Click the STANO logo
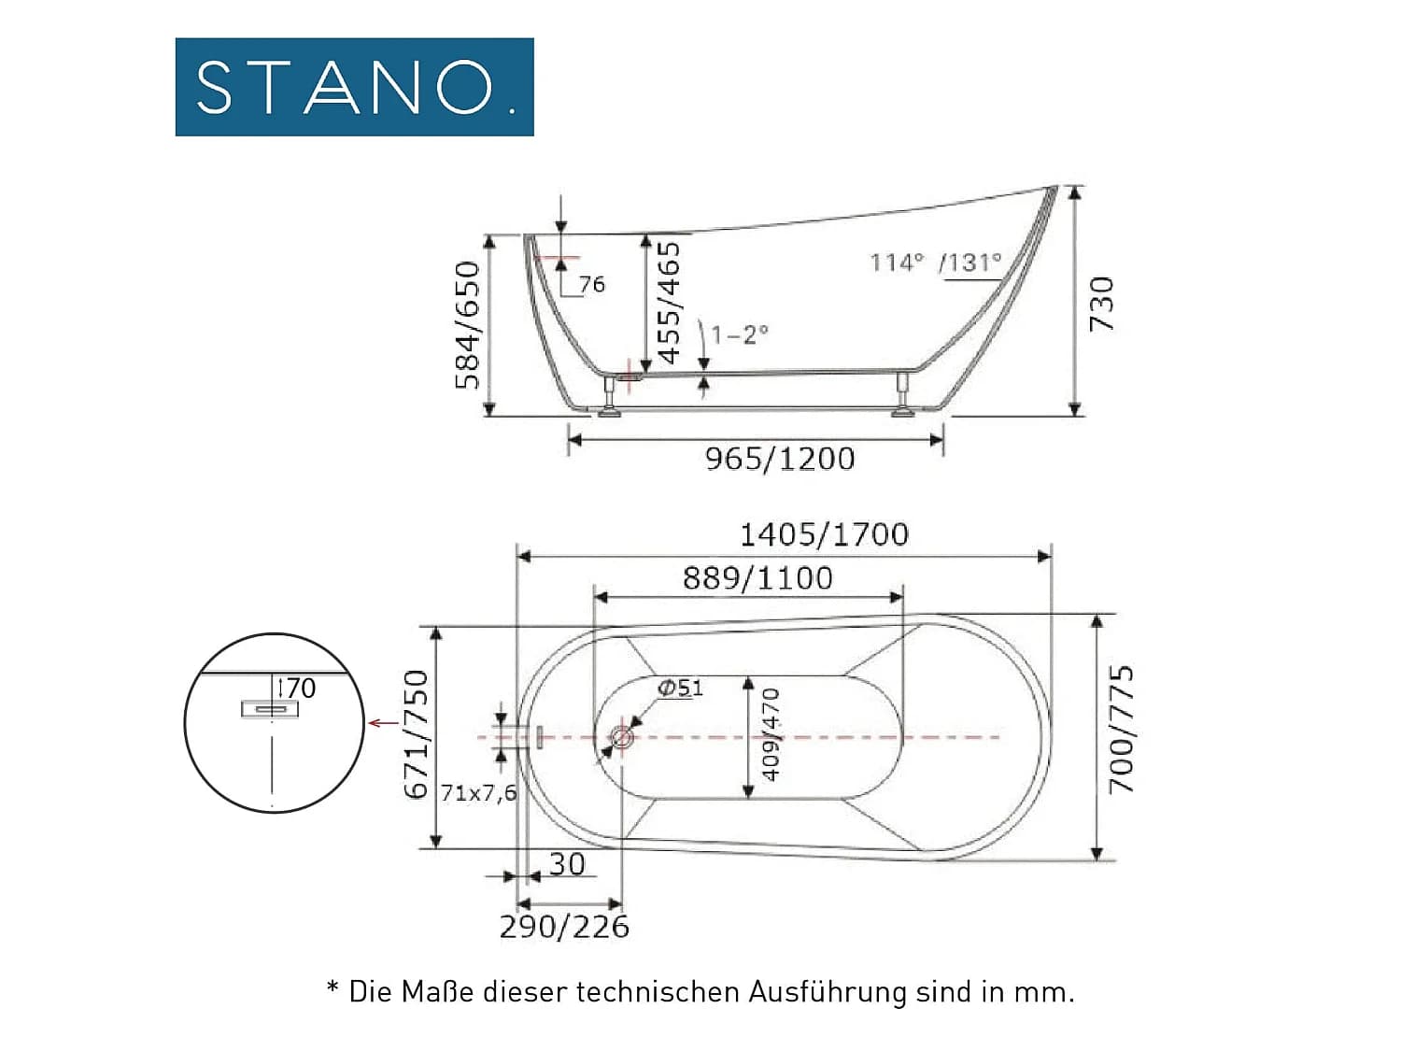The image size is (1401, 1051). (x=354, y=87)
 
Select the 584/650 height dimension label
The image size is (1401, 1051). (x=467, y=325)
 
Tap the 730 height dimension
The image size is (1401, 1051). (x=1101, y=304)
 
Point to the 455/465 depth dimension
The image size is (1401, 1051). (x=669, y=303)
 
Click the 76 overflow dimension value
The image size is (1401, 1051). (x=592, y=285)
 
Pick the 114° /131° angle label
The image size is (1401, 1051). (x=936, y=263)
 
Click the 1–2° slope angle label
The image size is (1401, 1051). (x=740, y=334)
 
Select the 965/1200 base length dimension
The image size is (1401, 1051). (x=780, y=459)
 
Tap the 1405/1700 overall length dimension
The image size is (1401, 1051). (x=824, y=534)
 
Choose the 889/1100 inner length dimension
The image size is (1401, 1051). (x=757, y=578)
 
